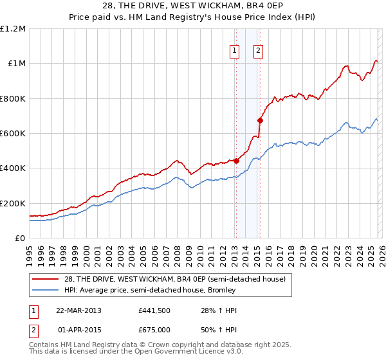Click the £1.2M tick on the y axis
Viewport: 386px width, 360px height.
click(x=13, y=29)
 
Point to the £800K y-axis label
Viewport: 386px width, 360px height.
click(x=13, y=98)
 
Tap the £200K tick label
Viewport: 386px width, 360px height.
click(x=13, y=203)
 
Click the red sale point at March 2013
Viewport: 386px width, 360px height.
click(x=236, y=161)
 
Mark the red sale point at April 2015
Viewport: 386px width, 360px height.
click(x=260, y=120)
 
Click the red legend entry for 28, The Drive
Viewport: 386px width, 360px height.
click(x=173, y=278)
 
